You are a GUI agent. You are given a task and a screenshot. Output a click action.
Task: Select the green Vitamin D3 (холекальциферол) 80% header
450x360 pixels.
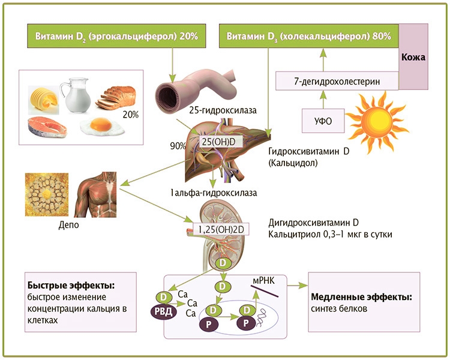click(x=309, y=37)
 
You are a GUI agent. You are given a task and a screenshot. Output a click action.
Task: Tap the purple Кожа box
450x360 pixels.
click(x=413, y=58)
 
